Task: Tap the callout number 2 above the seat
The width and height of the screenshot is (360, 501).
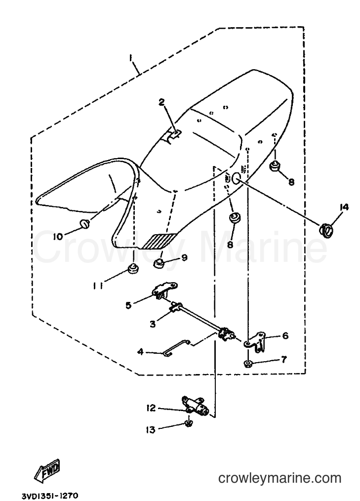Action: pyautogui.click(x=162, y=102)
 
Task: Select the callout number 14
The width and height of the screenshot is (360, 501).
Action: pyautogui.click(x=344, y=207)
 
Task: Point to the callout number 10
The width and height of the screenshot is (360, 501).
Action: pyautogui.click(x=58, y=237)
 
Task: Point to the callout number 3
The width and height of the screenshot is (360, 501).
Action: pyautogui.click(x=153, y=324)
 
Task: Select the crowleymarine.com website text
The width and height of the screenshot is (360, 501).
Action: pyautogui.click(x=280, y=478)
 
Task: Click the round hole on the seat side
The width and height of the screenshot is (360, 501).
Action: pyautogui.click(x=237, y=178)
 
